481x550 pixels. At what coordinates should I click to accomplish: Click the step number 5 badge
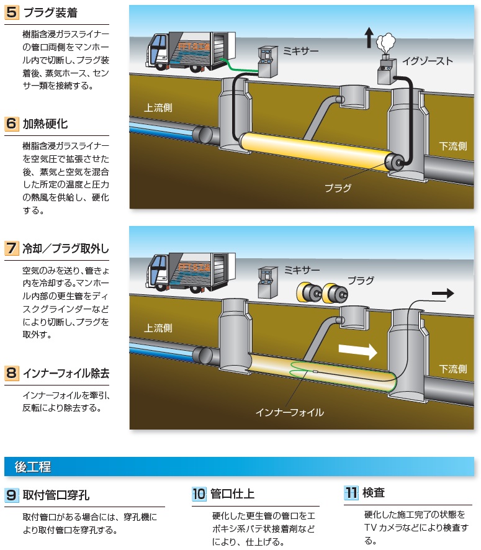(12, 12)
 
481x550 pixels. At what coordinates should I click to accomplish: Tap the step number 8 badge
(12, 372)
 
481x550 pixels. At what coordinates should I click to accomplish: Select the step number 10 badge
(199, 494)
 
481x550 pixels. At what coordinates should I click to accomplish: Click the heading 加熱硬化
(45, 124)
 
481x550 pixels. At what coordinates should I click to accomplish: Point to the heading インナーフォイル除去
(66, 373)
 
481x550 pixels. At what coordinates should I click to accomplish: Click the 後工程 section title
(33, 467)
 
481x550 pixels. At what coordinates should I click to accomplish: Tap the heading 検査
(374, 492)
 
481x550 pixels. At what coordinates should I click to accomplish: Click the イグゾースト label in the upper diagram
(428, 61)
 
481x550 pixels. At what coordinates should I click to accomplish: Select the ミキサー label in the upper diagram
(301, 51)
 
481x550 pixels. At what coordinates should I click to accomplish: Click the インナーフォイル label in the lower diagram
(290, 412)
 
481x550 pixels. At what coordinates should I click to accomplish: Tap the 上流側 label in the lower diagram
(158, 328)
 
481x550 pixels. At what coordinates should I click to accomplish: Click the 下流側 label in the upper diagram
(453, 146)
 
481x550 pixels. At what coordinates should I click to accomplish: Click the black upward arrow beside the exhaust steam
(369, 37)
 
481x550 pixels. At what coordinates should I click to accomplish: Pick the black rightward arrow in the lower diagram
(443, 293)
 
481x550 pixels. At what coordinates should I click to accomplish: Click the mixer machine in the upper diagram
(267, 62)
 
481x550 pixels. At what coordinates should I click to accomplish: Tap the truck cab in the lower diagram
(158, 272)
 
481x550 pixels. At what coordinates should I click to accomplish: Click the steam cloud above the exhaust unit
(386, 42)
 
